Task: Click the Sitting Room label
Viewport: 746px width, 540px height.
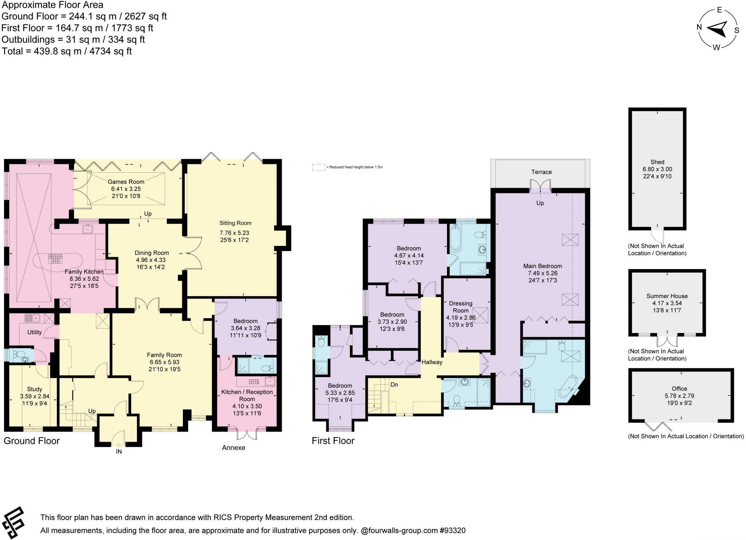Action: (235, 223)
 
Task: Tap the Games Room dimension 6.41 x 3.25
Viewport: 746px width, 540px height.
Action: (126, 189)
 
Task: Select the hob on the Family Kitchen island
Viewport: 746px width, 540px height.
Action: (55, 259)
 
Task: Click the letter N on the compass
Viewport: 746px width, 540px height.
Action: (699, 27)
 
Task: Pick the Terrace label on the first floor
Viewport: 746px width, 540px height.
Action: (541, 172)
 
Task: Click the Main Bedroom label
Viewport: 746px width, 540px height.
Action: (542, 266)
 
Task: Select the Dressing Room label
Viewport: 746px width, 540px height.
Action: (460, 307)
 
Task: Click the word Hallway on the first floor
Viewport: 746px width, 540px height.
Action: (432, 362)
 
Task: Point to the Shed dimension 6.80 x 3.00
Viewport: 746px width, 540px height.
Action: (657, 169)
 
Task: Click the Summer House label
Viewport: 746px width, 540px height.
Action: (667, 296)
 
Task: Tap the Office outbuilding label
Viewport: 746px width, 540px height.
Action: (679, 389)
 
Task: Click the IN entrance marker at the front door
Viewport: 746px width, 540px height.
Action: (119, 451)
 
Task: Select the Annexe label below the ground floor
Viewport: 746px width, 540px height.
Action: (233, 447)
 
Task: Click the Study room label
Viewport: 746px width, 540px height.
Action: (35, 389)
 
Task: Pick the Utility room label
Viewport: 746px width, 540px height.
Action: (35, 332)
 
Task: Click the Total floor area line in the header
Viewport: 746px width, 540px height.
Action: (67, 51)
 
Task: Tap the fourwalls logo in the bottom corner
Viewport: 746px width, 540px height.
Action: (13, 523)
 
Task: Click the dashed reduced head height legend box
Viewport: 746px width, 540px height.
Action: (319, 167)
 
